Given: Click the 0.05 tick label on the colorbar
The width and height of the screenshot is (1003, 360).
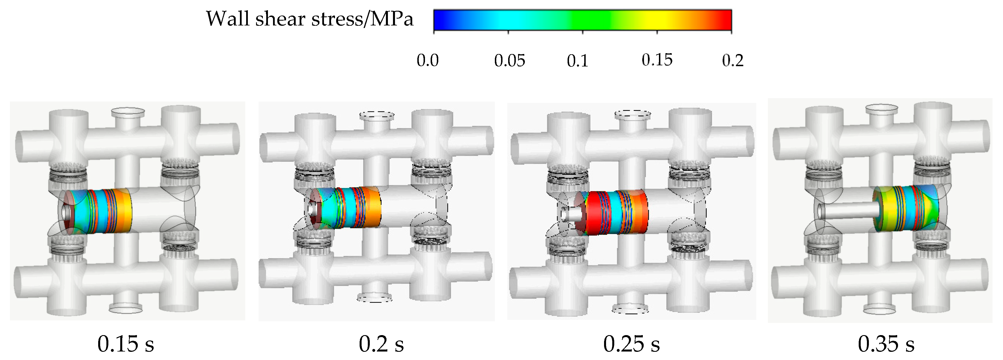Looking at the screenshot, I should click(509, 61).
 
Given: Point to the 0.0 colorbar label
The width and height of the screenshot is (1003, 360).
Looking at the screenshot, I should click(428, 61).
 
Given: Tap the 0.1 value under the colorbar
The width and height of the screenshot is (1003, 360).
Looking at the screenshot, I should click(577, 61).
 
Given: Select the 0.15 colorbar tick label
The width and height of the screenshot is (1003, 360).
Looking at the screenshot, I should click(657, 60).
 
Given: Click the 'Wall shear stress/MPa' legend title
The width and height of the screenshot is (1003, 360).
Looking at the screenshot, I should click(309, 19).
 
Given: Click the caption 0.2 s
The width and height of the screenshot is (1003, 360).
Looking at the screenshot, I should click(381, 344).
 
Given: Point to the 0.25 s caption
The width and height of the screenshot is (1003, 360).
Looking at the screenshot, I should click(631, 344).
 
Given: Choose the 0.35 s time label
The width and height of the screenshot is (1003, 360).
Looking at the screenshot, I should click(886, 344).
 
